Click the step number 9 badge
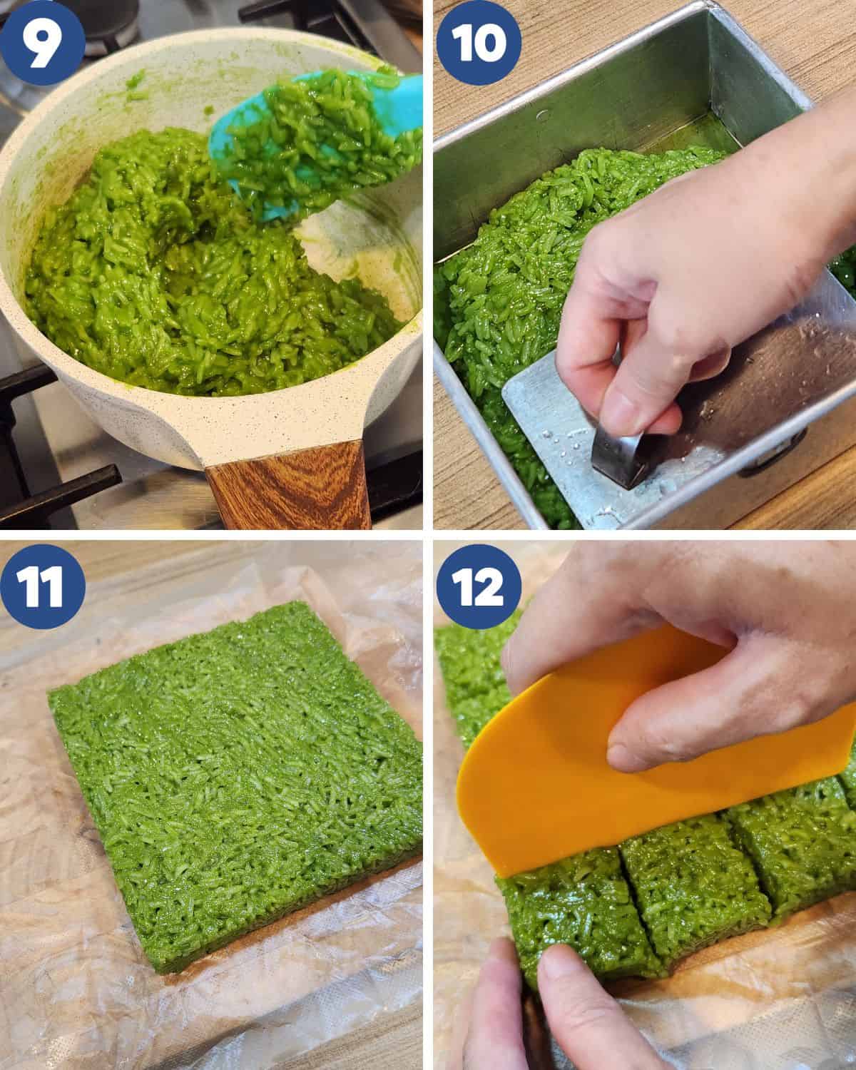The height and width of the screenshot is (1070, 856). coord(42,42)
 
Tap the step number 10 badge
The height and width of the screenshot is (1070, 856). coord(479,42)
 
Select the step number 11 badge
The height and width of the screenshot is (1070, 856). coord(42,586)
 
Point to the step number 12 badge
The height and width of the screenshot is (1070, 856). coord(479,586)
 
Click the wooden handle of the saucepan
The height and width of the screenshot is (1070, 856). coord(288,485)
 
